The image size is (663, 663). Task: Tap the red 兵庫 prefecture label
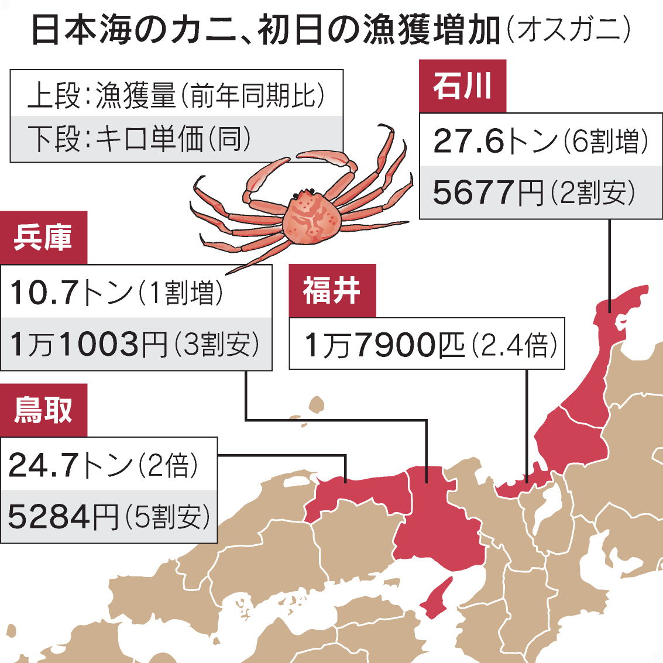coord(43,238)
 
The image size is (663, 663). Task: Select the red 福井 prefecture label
coord(332,291)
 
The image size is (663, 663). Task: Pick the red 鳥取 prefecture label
coord(43,410)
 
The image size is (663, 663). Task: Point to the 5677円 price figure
coord(488,193)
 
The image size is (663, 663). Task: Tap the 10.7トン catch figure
coord(70,291)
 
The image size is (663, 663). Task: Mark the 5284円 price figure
coord(63,517)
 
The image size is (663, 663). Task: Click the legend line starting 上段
coord(176,94)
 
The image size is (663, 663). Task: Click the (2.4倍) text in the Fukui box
coord(515,345)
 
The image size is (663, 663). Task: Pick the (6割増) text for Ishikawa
coord(606,141)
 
